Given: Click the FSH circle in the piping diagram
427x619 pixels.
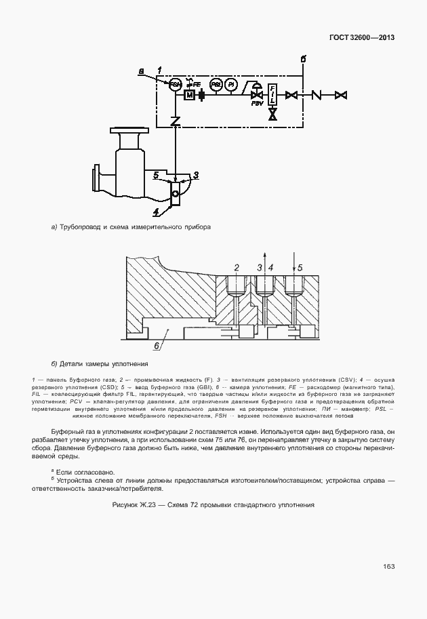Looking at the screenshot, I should (175, 84).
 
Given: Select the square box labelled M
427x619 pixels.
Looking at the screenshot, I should (189, 95).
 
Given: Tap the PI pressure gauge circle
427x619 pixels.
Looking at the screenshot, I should (231, 84).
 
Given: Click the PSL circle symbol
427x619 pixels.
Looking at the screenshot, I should (216, 84).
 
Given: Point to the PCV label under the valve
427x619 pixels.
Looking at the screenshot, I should (257, 104).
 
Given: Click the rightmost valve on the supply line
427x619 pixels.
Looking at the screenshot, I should (342, 95).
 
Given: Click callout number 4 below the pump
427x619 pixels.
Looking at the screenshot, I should (157, 212).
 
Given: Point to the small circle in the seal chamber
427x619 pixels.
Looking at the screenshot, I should (176, 193).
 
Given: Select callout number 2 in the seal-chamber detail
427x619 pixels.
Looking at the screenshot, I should (235, 268).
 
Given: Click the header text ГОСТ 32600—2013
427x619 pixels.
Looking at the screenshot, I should (362, 37).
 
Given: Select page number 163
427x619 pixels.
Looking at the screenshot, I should (388, 566).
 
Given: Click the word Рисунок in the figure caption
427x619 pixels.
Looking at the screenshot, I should (127, 506).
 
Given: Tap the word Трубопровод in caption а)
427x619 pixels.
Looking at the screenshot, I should (81, 227).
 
